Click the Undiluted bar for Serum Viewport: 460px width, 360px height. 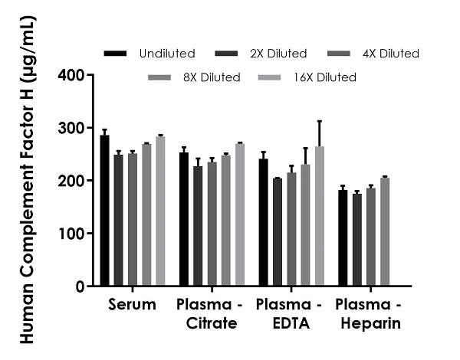pos(104,211)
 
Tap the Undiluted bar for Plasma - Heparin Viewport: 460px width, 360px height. pos(343,237)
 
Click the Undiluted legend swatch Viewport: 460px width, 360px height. pos(115,54)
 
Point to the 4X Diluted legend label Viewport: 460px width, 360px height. pos(392,54)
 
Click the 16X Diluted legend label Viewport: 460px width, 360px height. pos(326,77)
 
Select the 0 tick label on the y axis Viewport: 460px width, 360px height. pos(80,286)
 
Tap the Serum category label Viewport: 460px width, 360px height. pos(132,305)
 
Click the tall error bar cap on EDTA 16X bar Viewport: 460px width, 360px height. pos(318,121)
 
